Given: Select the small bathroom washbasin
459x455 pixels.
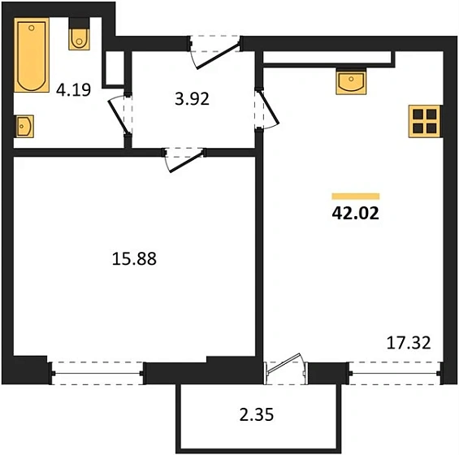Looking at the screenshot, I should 23,126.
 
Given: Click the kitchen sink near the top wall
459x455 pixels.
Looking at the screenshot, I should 349,81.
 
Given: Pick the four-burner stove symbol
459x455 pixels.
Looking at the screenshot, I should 423,121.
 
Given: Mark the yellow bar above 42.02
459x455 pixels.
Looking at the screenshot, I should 356,196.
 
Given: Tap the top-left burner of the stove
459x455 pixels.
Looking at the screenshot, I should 418,115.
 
